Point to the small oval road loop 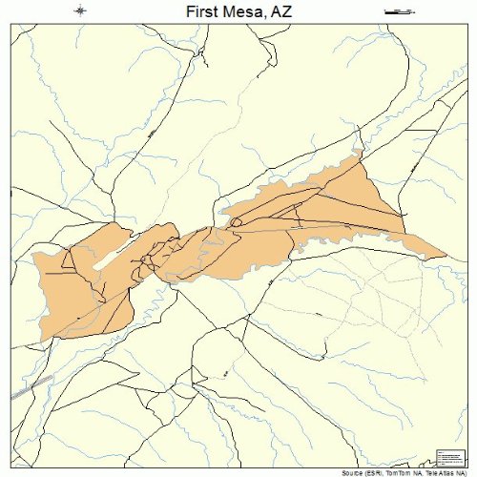click(235, 222)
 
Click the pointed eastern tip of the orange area click(445, 256)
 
